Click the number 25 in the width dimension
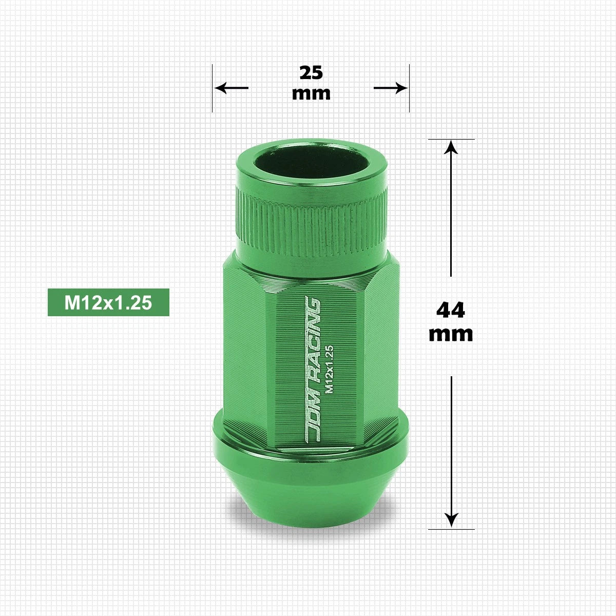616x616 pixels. pyautogui.click(x=311, y=72)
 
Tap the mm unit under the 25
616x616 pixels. pyautogui.click(x=311, y=93)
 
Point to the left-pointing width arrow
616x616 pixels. pyautogui.click(x=231, y=88)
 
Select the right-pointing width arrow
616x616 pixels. pyautogui.click(x=391, y=88)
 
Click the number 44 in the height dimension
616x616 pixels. pyautogui.click(x=450, y=310)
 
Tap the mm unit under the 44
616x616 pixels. pyautogui.click(x=451, y=334)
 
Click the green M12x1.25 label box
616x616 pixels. pyautogui.click(x=108, y=302)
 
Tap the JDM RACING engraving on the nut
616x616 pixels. pyautogui.click(x=313, y=369)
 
